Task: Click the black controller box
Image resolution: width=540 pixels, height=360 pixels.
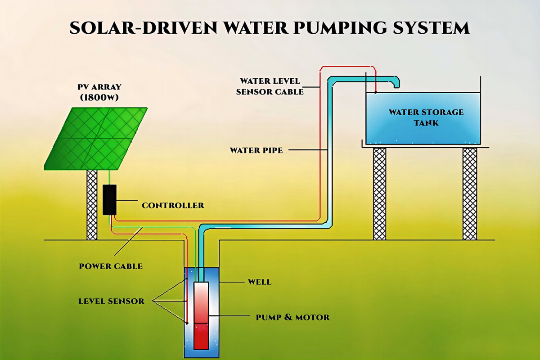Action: pos(109,199)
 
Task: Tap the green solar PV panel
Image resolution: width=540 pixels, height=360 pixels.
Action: pos(97,138)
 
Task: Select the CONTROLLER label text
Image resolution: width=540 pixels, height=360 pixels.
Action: pos(173,206)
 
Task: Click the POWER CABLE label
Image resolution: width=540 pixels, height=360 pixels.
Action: pos(111,266)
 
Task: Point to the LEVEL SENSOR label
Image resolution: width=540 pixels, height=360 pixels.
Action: pos(111,301)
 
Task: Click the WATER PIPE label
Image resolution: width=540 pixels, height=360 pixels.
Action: pos(256,150)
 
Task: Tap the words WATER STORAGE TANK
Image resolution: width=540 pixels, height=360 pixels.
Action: pos(426,117)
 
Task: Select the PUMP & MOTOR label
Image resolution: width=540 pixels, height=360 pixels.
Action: pos(292,317)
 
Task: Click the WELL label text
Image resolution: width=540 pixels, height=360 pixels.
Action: pos(260,282)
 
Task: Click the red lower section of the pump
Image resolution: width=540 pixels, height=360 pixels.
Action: pos(201,336)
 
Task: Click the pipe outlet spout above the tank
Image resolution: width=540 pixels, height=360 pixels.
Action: pos(396,82)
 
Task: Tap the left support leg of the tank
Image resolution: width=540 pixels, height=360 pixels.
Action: pos(379,193)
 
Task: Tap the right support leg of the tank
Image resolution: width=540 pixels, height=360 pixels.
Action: pos(469,193)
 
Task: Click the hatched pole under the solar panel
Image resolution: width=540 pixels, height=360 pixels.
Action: pos(92,205)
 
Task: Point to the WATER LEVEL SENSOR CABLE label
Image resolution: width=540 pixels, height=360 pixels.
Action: pos(272,86)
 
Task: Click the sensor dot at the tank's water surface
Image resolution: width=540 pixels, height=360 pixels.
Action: pos(375,92)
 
